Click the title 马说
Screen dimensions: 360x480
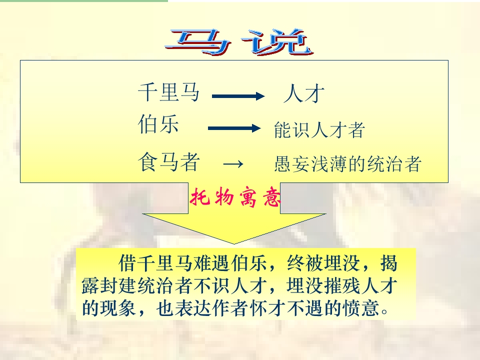tap(239, 42)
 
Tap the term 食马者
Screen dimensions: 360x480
tap(169, 163)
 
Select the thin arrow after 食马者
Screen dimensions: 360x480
tap(232, 164)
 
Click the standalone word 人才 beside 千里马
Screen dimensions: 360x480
tap(304, 94)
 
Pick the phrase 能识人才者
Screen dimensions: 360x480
tap(319, 130)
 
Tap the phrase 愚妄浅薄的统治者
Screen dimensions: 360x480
tap(347, 164)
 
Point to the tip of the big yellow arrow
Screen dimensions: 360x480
tap(234, 243)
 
